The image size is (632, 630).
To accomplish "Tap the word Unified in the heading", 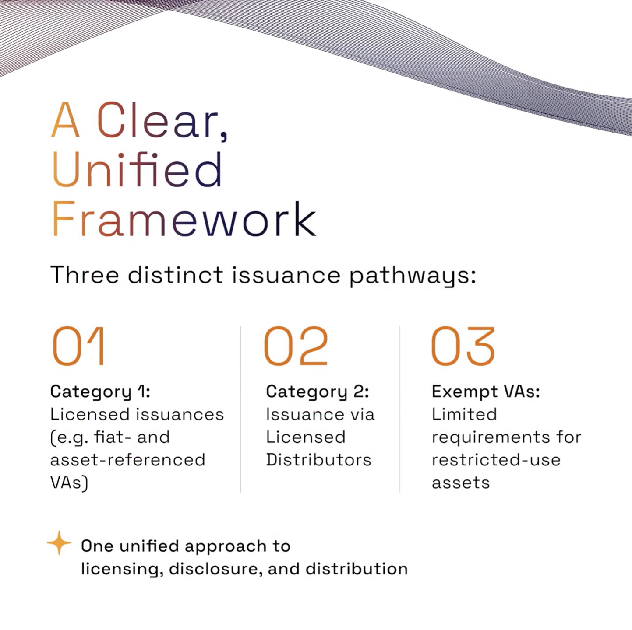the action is pyautogui.click(x=137, y=169).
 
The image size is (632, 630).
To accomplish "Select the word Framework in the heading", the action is pyautogui.click(x=184, y=218).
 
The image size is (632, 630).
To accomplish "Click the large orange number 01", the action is pyautogui.click(x=78, y=346).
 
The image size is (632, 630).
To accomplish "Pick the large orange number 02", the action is pyautogui.click(x=296, y=346).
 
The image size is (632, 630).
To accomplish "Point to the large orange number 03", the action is pyautogui.click(x=463, y=346).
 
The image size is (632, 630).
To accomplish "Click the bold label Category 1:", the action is pyautogui.click(x=100, y=392).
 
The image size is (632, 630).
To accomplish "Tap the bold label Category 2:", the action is pyautogui.click(x=318, y=392).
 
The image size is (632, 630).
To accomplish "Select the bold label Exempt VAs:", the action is pyautogui.click(x=486, y=392).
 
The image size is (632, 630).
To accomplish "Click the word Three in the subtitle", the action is pyautogui.click(x=85, y=275).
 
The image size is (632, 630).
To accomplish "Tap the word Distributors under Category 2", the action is pyautogui.click(x=318, y=460).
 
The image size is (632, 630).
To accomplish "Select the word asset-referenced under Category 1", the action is pyautogui.click(x=128, y=460).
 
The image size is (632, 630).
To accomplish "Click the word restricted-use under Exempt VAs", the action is pyautogui.click(x=496, y=460).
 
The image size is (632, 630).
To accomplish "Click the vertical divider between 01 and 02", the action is pyautogui.click(x=240, y=409).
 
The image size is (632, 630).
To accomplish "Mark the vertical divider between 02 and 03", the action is pyautogui.click(x=399, y=409).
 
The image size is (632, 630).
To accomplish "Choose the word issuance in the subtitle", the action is pyautogui.click(x=286, y=275).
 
